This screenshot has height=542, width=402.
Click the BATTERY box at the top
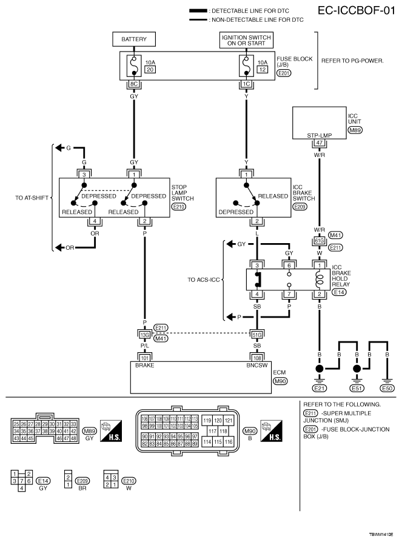[134, 39]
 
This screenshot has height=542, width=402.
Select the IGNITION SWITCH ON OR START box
[246, 40]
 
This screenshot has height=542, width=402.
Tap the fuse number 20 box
[150, 70]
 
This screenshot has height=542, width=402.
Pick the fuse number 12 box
[263, 70]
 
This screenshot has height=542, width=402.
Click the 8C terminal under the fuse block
[134, 84]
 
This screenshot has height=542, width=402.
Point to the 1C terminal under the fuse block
[246, 84]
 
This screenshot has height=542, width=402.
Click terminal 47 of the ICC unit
[319, 142]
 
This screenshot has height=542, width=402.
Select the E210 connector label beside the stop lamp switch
[179, 207]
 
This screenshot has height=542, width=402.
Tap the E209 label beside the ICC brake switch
[300, 207]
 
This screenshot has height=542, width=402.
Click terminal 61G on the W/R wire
[319, 241]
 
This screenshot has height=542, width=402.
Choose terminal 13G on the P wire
[144, 335]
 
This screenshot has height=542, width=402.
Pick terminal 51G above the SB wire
[257, 335]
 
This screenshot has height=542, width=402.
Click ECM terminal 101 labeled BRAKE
[144, 358]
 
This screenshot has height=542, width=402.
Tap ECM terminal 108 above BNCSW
[257, 358]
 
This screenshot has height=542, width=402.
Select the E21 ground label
[320, 388]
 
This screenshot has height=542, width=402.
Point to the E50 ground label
[387, 388]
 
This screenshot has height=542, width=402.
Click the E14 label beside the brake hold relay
[339, 292]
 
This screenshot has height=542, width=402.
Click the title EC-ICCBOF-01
[356, 11]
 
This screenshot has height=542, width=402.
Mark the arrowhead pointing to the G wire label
[60, 148]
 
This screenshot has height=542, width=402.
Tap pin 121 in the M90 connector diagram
[229, 421]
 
